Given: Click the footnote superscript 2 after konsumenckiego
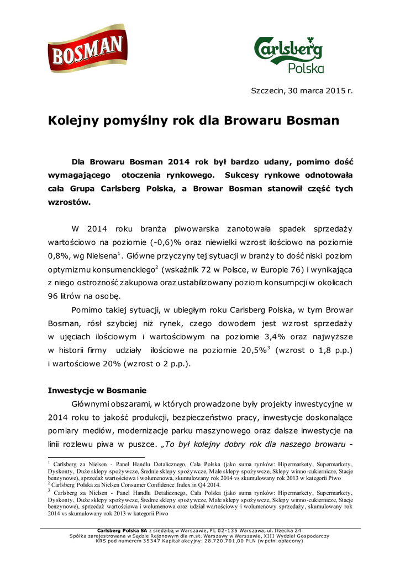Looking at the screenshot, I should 156,268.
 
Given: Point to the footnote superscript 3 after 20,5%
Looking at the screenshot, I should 269,348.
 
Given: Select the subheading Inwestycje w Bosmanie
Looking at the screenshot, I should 97,390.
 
